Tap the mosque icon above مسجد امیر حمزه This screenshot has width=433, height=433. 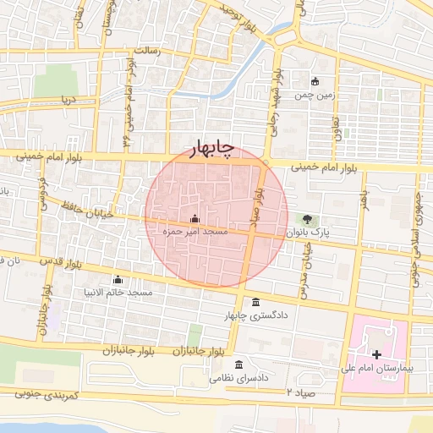(195, 218)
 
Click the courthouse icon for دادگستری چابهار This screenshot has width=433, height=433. (256, 303)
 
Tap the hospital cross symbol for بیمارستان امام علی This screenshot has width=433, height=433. (376, 354)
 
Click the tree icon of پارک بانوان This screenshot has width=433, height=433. (318, 219)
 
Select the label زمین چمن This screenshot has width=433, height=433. (315, 96)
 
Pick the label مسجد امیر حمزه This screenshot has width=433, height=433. (195, 230)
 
